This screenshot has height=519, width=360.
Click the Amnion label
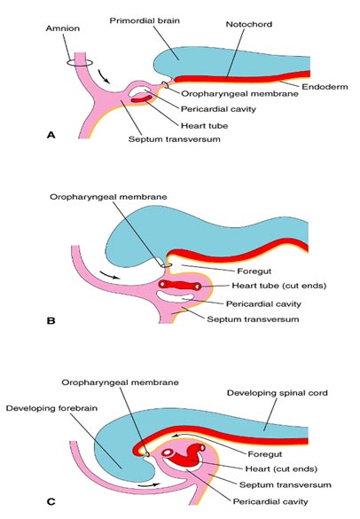click(63, 28)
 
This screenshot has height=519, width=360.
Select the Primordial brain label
click(145, 21)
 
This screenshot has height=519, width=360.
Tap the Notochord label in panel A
click(249, 24)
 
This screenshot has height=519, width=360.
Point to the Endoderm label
click(325, 87)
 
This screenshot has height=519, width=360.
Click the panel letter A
click(51, 135)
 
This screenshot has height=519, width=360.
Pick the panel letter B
click(51, 321)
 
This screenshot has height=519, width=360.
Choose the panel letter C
click(51, 502)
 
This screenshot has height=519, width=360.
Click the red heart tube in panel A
click(142, 99)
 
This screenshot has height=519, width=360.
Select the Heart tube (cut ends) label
click(279, 286)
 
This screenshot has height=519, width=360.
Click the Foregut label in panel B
click(254, 271)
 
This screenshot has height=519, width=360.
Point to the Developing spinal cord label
click(278, 393)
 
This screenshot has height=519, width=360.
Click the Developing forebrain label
click(51, 408)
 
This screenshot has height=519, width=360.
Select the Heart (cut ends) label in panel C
click(281, 469)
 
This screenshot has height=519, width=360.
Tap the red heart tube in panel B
click(180, 285)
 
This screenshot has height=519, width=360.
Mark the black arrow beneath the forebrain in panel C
click(149, 485)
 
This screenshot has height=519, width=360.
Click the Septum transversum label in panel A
click(175, 139)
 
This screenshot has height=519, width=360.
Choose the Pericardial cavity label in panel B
click(263, 303)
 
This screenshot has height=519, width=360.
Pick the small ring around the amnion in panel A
click(79, 63)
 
